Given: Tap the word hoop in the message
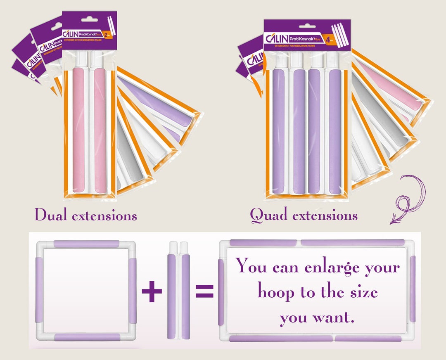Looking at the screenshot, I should pyautogui.click(x=276, y=292).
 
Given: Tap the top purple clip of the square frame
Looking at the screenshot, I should pyautogui.click(x=86, y=244).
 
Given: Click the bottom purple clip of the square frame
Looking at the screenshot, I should pyautogui.click(x=87, y=337).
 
